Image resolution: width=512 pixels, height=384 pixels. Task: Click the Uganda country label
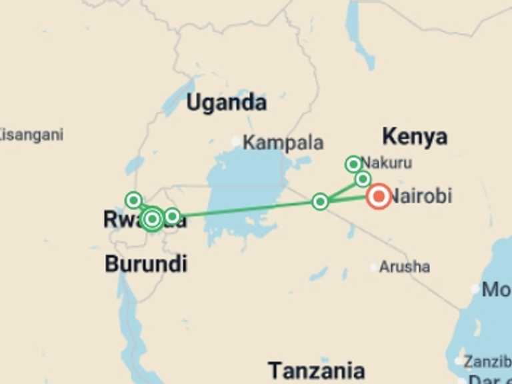[226, 103]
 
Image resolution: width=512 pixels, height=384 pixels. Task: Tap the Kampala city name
[283, 143]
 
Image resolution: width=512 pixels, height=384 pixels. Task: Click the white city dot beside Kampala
[235, 141]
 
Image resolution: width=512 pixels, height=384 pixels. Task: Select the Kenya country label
[414, 137]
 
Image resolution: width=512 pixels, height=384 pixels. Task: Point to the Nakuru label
[386, 163]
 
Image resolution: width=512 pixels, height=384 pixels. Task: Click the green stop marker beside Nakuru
[353, 164]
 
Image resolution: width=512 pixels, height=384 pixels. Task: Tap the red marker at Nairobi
[379, 196]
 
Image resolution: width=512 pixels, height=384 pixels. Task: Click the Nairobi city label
[421, 196]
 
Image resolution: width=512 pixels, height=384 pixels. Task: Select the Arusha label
[404, 267]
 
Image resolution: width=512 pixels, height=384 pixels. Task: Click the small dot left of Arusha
[373, 267]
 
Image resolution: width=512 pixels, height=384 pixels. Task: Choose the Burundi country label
[145, 264]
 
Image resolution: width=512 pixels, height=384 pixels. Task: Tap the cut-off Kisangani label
[31, 135]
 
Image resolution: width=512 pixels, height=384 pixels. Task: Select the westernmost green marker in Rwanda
[133, 199]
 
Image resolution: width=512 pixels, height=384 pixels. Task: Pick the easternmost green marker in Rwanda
[172, 216]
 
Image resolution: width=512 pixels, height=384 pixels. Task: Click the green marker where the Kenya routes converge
[320, 201]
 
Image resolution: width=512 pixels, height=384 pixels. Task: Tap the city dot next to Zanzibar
[458, 361]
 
